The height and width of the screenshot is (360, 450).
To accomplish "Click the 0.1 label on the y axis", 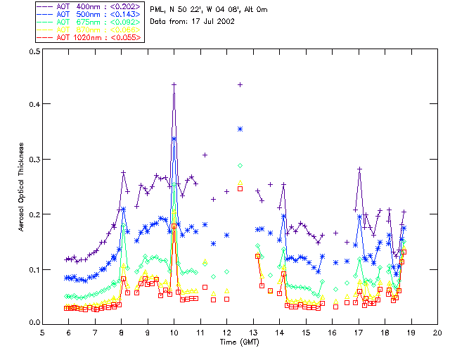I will (x=34, y=269).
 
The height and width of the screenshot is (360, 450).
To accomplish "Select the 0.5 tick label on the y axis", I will (x=34, y=52).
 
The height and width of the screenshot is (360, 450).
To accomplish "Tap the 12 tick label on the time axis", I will (x=227, y=332).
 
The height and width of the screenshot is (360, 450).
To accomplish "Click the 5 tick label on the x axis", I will (x=43, y=332).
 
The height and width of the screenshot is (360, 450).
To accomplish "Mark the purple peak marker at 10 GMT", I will (x=174, y=84).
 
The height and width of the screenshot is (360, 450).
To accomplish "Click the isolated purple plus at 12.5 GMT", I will (x=240, y=84).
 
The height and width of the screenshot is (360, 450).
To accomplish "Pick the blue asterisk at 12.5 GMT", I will (x=240, y=129).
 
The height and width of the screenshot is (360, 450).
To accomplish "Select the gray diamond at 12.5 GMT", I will (x=240, y=165).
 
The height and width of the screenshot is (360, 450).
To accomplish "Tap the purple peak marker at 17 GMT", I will (x=359, y=169).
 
